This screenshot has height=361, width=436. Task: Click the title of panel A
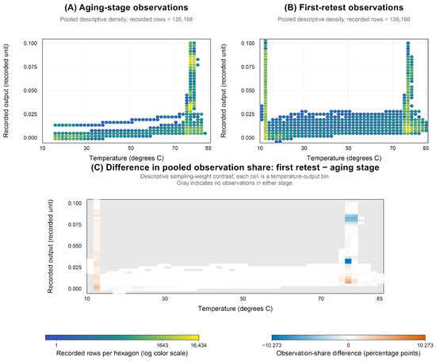click(126, 7)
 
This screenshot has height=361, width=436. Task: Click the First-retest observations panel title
click(344, 7)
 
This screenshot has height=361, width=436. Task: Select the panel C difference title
click(235, 167)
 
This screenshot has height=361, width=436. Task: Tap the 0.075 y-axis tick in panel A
click(30, 67)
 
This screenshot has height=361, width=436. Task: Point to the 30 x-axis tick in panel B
click(304, 148)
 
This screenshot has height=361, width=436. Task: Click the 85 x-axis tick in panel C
click(380, 298)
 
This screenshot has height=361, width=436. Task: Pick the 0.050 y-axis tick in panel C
click(75, 246)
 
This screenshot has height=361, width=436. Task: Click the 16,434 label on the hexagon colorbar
click(199, 345)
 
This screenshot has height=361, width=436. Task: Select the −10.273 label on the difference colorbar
click(272, 345)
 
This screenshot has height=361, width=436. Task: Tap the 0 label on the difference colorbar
click(349, 345)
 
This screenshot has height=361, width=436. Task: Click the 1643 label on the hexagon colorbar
click(163, 345)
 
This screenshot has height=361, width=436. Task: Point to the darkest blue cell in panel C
click(348, 261)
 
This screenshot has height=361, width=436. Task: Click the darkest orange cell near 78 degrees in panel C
click(348, 282)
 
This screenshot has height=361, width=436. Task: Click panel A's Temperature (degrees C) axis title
click(127, 158)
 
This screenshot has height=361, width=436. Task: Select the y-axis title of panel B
click(223, 90)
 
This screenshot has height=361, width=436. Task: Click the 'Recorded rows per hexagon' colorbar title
click(122, 353)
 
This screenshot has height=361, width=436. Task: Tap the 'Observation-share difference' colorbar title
click(349, 353)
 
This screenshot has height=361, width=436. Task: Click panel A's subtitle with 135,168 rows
click(127, 19)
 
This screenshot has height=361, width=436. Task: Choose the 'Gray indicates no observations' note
click(235, 182)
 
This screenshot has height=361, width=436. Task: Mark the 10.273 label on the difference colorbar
click(425, 345)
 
